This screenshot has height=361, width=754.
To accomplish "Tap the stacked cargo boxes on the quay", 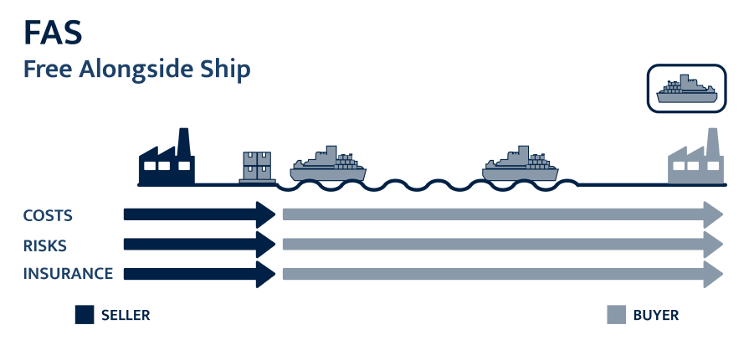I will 258,167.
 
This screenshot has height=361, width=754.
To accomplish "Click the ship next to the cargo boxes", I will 327,165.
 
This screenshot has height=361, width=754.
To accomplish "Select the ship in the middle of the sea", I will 520,165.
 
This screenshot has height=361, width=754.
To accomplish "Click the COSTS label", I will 48,215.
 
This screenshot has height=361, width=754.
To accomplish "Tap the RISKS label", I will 45,245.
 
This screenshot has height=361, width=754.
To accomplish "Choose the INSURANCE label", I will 68,274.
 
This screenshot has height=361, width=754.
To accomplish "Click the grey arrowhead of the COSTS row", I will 712,214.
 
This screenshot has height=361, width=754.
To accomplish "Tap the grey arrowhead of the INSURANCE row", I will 712,274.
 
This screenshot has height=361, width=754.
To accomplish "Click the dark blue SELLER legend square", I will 84,315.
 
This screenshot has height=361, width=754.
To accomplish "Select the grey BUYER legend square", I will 616,315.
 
